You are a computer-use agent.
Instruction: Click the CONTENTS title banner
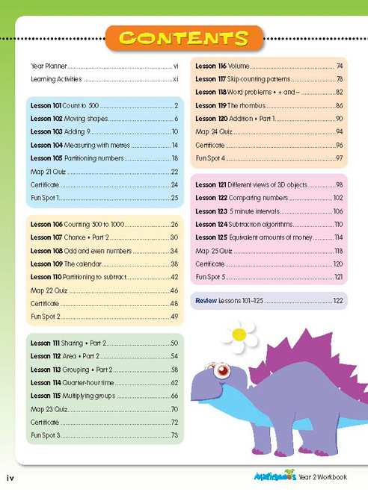[x=184, y=38]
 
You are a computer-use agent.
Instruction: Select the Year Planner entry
[x=46, y=66]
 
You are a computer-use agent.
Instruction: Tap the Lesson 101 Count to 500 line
[x=104, y=105]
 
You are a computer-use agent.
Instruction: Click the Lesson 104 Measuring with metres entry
[x=104, y=145]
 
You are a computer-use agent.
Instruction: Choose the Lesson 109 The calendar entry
[x=104, y=264]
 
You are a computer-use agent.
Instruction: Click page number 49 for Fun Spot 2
[x=174, y=317]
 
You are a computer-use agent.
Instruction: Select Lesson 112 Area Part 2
[x=104, y=356]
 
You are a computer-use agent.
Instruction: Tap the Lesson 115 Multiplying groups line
[x=104, y=395]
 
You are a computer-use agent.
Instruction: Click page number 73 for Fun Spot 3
[x=174, y=435]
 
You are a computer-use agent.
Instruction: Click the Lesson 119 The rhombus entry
[x=269, y=105]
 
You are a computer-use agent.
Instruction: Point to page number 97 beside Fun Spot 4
[x=339, y=158]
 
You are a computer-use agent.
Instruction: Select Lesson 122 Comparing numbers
[x=269, y=197]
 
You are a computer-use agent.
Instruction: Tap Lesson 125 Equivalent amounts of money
[x=269, y=237]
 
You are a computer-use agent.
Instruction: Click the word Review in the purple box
[x=206, y=301]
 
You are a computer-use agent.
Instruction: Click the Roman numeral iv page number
[x=11, y=477]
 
